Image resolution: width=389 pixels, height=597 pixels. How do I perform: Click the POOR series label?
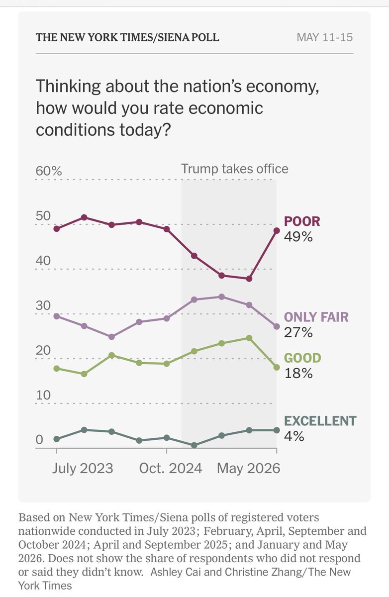[302, 221]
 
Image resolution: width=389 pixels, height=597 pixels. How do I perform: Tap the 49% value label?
[298, 236]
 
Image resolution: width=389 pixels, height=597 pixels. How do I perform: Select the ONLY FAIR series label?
[316, 317]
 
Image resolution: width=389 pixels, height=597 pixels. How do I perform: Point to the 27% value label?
[298, 332]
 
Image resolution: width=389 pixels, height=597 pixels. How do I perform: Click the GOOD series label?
[302, 358]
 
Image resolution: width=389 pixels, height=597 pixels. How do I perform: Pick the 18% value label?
[298, 373]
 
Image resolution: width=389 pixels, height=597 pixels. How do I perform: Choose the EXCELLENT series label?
[320, 421]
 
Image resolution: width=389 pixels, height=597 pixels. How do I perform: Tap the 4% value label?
[294, 436]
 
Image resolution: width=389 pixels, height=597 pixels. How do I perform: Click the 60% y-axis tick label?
[49, 171]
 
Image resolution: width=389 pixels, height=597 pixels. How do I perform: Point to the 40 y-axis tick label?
[43, 260]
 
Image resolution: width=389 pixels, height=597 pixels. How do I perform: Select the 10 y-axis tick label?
[43, 395]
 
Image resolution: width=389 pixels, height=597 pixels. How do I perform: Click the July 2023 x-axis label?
[83, 469]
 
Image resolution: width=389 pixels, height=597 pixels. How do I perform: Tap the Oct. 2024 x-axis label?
[171, 468]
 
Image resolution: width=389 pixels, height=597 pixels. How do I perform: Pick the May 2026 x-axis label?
[249, 469]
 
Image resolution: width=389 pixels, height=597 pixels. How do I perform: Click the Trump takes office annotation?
[235, 169]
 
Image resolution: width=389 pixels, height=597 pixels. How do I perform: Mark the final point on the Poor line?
[277, 230]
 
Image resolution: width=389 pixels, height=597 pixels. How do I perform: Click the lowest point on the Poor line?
[249, 279]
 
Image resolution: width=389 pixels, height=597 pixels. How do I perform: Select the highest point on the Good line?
[249, 338]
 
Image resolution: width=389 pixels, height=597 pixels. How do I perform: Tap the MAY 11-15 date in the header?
[325, 37]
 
